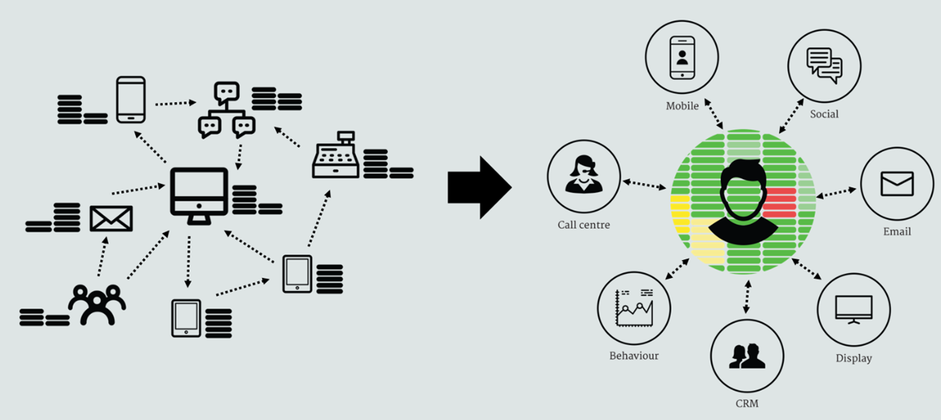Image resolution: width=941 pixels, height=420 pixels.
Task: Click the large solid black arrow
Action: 480,188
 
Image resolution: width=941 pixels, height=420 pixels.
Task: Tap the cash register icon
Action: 335,155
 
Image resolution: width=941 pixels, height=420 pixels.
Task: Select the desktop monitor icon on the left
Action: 199,196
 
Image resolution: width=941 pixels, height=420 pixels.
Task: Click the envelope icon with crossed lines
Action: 111,219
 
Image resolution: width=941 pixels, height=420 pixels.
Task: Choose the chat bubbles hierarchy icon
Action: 227,110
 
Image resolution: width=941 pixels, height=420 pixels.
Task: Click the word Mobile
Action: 682,106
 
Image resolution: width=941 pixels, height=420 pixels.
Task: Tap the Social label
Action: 824,114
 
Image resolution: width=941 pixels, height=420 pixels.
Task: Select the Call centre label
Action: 584,225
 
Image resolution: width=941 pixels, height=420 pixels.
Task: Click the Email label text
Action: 897,232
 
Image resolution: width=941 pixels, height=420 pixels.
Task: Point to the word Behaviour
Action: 634,356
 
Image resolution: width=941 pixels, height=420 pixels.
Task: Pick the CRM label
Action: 747,403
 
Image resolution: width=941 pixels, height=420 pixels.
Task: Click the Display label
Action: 853,358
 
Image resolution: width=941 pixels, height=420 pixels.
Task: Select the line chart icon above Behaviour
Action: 634,308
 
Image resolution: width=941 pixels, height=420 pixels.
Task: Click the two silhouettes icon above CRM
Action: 747,356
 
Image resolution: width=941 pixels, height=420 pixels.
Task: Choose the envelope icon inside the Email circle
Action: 897,184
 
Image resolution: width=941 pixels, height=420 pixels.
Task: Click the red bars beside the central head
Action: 780,203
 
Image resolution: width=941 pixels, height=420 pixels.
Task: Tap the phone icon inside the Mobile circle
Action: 682,58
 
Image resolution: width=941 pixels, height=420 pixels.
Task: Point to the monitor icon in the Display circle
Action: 853,309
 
